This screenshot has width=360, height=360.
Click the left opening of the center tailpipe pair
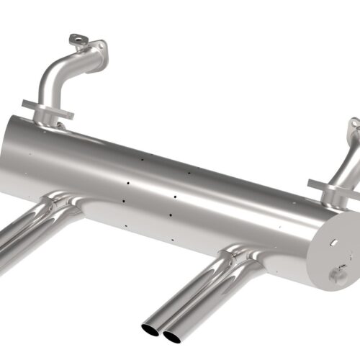(151, 329)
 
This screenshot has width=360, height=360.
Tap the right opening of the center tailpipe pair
(171, 334)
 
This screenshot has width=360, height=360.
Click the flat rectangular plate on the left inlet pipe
(48, 109)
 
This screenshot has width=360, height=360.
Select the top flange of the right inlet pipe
(354, 130)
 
